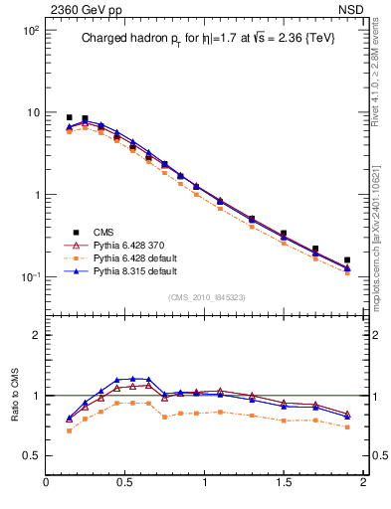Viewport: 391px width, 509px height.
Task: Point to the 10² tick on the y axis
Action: tap(31, 31)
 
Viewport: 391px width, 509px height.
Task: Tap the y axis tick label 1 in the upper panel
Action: tap(35, 195)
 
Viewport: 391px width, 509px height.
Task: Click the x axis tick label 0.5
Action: tap(125, 484)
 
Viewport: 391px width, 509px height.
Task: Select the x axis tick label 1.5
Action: tap(284, 484)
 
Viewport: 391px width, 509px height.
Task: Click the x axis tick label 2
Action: tap(362, 484)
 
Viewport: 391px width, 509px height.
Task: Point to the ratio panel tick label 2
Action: tap(36, 335)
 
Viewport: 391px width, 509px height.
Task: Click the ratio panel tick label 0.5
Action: tap(31, 455)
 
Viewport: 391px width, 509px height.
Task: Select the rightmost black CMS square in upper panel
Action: tap(347, 260)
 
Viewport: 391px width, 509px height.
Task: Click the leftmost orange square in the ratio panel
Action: tap(69, 430)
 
